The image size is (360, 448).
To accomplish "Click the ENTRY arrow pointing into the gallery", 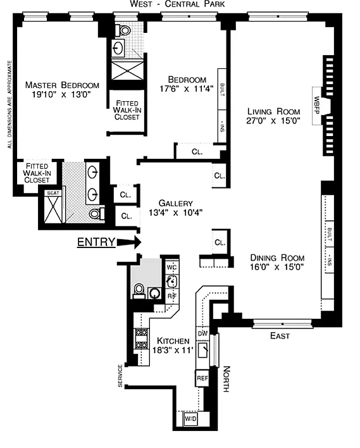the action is pos(129,242).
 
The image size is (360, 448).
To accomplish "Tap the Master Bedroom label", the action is pos(62,85).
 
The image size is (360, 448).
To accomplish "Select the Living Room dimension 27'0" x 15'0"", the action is pos(273,121).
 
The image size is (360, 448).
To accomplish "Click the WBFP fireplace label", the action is pos(316,106).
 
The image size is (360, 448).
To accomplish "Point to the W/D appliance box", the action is pos(190,419).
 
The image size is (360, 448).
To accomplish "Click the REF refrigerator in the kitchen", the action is pos(202,378).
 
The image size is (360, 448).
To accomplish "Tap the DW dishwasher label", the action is pos(202,333).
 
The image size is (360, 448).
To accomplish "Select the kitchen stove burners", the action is pos(142,339).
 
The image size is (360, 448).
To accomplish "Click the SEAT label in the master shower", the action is pos(53,193).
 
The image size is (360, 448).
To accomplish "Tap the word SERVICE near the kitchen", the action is pos(120,376).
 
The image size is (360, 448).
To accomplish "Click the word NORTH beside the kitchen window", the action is pos(227,379).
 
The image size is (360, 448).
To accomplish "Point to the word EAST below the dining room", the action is pos(280,336).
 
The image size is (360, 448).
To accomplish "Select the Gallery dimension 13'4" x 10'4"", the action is pos(176,213).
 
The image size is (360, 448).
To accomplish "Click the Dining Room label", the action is pos(277,258).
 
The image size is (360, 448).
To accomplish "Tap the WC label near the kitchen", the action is pos(171,268).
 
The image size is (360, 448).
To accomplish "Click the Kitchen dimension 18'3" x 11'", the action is pos(173,350).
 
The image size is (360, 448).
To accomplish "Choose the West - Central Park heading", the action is pos(177,4).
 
